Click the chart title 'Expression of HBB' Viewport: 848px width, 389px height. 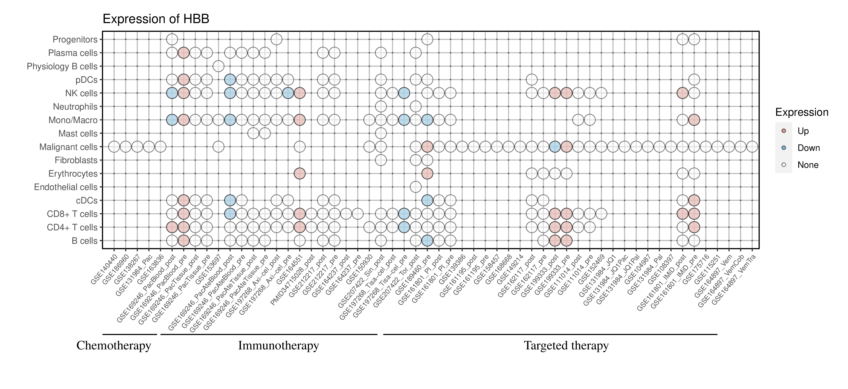pos(156,19)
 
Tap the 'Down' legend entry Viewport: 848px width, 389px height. pos(808,148)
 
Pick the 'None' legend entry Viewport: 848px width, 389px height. pos(807,165)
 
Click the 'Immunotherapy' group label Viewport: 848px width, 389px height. pos(278,346)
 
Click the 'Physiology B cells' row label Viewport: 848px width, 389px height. pos(62,66)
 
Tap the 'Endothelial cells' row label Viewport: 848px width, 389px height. pos(66,187)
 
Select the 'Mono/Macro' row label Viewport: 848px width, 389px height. pos(73,120)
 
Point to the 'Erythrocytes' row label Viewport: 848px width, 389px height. pos(73,174)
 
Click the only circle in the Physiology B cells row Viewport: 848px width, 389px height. pos(218,66)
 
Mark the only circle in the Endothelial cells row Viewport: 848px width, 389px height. pos(416,187)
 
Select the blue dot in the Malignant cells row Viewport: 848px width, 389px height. pos(555,147)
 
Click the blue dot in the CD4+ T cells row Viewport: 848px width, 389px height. pos(404,227)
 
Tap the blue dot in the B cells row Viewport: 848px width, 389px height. pos(427,241)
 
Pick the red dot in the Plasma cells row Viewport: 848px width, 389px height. pos(183,53)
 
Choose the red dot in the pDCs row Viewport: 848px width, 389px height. pos(183,80)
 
